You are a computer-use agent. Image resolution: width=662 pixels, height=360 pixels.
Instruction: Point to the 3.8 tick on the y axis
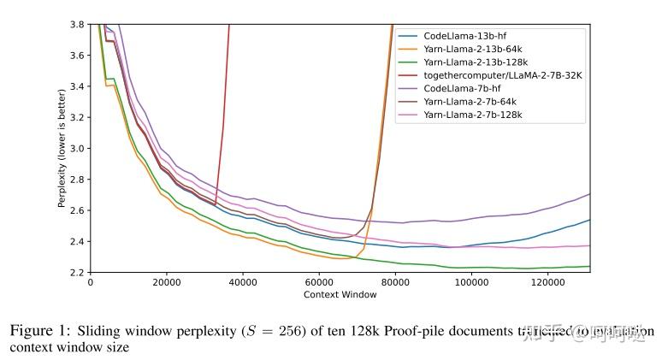point(77,24)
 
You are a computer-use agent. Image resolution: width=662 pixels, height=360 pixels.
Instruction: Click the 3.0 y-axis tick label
point(77,149)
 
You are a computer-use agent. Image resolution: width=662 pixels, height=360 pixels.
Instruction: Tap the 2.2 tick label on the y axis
point(77,273)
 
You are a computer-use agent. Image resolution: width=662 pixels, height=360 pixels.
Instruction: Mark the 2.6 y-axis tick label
point(77,210)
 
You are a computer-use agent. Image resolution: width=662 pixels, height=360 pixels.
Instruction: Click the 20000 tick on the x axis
point(166,283)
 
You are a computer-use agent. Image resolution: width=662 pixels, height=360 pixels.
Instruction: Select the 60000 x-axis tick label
point(318,283)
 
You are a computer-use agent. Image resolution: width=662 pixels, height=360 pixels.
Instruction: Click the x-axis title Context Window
point(340,295)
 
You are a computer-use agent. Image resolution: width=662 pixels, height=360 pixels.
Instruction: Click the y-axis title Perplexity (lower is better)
point(62,149)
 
